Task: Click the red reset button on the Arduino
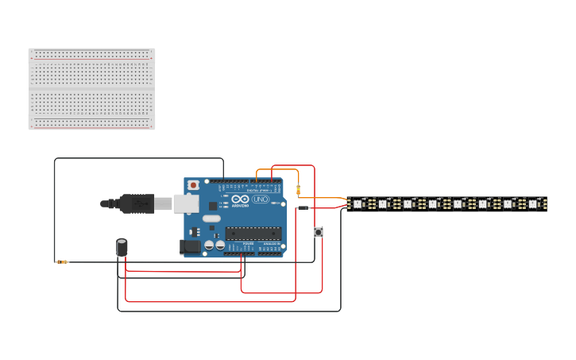193,185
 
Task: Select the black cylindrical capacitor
122,247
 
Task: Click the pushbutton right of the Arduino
319,232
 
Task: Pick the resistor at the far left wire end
62,261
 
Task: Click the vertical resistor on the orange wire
298,190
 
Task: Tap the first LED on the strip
358,204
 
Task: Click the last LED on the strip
533,204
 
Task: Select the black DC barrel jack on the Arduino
191,247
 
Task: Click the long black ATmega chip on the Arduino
253,233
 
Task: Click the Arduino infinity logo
239,199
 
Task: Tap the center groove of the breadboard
91,89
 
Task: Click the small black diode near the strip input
303,208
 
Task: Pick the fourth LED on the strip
433,204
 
